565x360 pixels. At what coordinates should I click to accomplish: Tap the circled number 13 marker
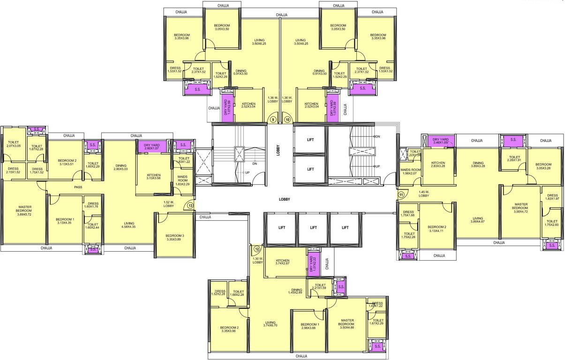pos(190,205)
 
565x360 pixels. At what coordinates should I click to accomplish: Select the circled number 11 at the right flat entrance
pos(401,194)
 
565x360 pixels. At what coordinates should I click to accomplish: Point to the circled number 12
pos(256,249)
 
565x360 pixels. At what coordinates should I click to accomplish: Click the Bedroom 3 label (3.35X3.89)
pos(174,238)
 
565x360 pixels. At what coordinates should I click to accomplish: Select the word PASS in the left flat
pos(78,187)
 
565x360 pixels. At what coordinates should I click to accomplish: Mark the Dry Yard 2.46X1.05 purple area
pos(440,141)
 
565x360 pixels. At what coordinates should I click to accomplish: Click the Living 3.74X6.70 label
pos(270,324)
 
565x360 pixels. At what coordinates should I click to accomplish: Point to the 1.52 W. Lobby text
pos(168,204)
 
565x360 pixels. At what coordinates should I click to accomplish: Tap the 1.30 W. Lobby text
pos(258,260)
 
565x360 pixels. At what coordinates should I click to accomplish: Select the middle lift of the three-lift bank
pos(313,228)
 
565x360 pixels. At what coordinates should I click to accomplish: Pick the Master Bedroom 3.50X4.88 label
pos(346,324)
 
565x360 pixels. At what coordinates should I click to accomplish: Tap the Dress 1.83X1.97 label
pos(552,197)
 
